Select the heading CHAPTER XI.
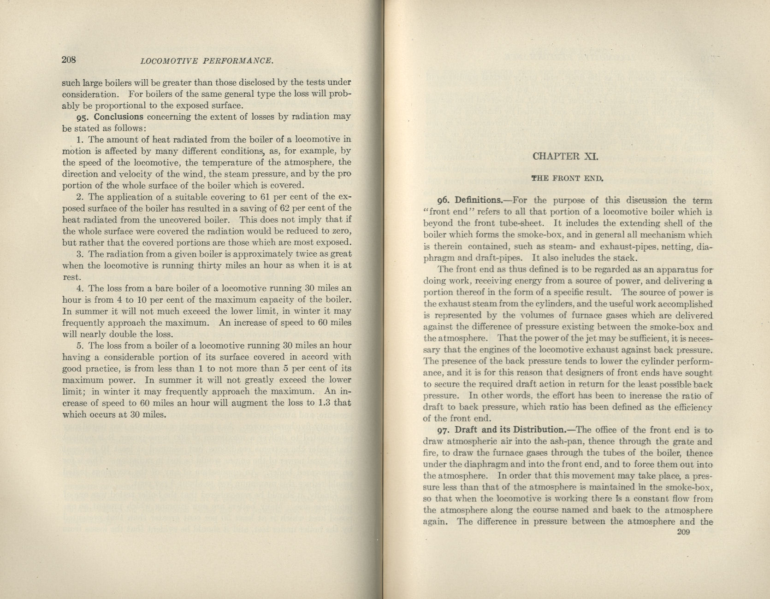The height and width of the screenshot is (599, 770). [565, 156]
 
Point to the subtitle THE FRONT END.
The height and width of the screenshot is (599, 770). [567, 178]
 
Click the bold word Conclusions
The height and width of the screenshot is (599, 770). [118, 117]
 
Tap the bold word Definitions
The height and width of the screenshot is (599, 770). [478, 200]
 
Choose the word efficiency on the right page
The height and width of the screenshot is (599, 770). [691, 407]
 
